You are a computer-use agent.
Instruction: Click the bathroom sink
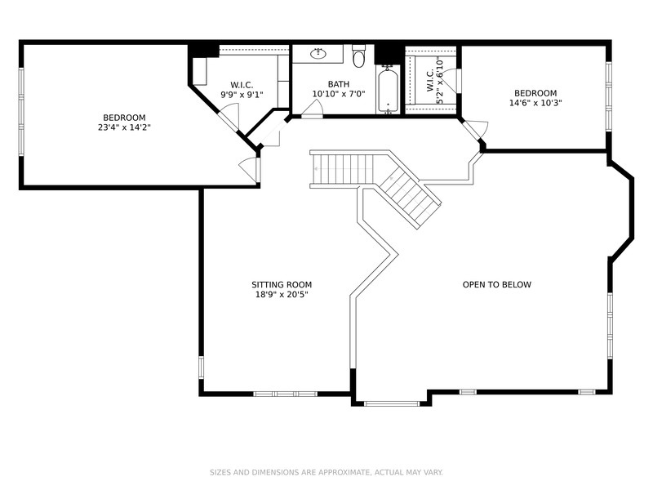[x=318, y=53]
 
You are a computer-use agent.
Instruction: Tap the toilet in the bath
[x=358, y=56]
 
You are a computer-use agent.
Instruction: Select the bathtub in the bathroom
[x=388, y=90]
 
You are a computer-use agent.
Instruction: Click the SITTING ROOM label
[x=282, y=284]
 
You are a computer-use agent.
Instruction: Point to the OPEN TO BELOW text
[x=497, y=284]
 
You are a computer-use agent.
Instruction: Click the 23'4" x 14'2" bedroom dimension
[x=124, y=127]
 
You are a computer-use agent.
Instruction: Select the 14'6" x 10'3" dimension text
[x=535, y=103]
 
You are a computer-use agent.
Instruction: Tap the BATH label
[x=339, y=84]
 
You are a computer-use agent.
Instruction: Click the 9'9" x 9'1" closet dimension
[x=242, y=95]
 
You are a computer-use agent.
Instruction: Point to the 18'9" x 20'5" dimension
[x=282, y=295]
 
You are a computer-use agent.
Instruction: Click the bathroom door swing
[x=312, y=110]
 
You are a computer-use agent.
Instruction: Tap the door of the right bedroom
[x=475, y=129]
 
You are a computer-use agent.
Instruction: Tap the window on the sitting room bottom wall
[x=286, y=394]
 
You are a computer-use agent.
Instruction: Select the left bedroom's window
[x=21, y=112]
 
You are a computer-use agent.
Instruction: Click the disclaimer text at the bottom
[x=326, y=473]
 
